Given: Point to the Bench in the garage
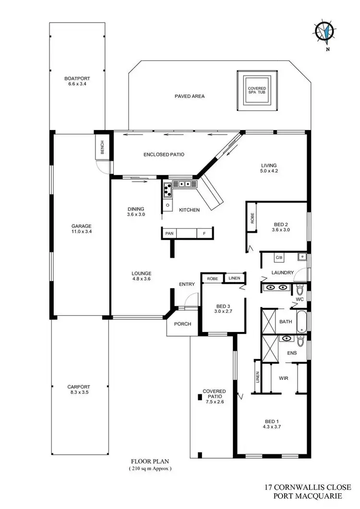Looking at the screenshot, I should pyautogui.click(x=102, y=150).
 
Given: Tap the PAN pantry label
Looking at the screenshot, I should pyautogui.click(x=169, y=233).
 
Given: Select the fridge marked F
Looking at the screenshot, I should pyautogui.click(x=204, y=233).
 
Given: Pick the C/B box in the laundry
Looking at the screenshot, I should pyautogui.click(x=278, y=258).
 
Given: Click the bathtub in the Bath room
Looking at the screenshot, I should pyautogui.click(x=301, y=322).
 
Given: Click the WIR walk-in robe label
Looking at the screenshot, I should pyautogui.click(x=283, y=378).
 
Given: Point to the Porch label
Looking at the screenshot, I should pyautogui.click(x=183, y=324).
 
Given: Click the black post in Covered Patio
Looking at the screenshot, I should pyautogui.click(x=199, y=397).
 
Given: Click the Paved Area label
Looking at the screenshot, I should pyautogui.click(x=190, y=96).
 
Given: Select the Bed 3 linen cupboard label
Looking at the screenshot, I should pyautogui.click(x=234, y=278).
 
